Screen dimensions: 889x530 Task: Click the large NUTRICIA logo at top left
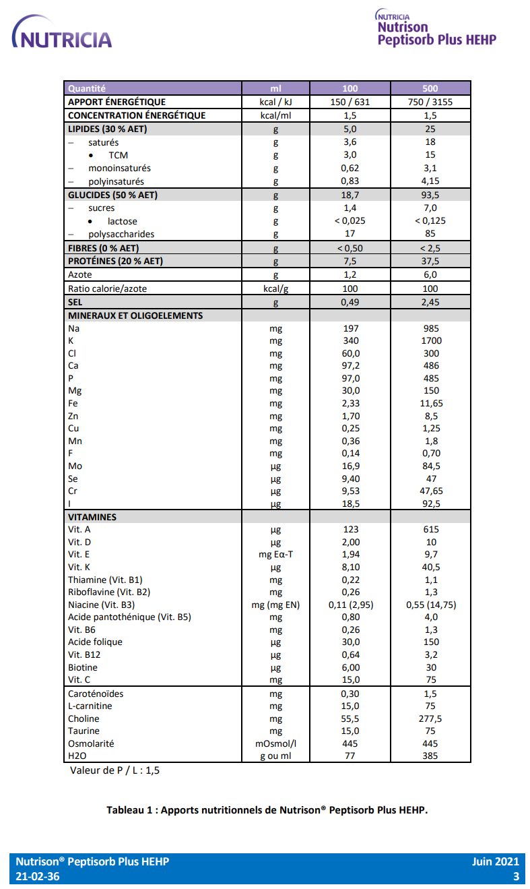pos(62,34)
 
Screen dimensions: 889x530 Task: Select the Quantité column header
pos(87,88)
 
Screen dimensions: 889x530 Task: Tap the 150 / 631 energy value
pos(350,102)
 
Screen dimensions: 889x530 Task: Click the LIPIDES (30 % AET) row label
pos(108,129)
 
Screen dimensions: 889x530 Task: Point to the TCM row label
pos(118,155)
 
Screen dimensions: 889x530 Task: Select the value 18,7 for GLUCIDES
pos(350,195)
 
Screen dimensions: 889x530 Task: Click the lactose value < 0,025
pos(350,221)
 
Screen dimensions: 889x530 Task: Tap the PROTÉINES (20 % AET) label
pos(115,261)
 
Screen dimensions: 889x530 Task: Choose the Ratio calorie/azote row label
pos(107,288)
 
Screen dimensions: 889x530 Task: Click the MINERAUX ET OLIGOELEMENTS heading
pos(135,315)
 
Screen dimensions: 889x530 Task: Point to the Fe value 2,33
pos(350,403)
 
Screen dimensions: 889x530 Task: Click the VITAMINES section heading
pos(92,517)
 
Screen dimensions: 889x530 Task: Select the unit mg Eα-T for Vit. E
pos(275,555)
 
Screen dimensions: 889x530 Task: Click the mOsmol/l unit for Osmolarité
pos(275,743)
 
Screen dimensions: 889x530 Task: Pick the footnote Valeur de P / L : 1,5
pos(114,770)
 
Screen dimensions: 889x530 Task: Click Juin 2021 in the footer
pos(496,861)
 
